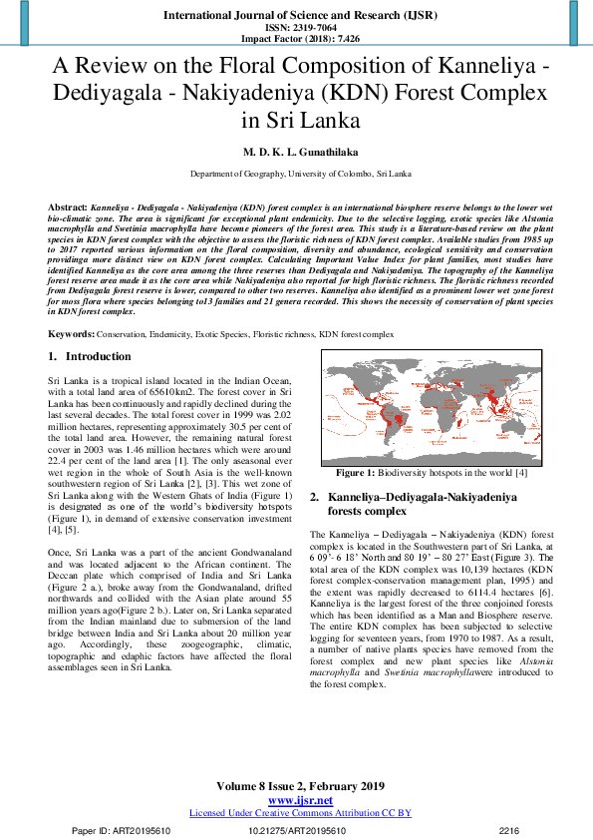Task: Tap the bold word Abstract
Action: click(x=67, y=205)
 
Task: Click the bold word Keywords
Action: click(x=71, y=334)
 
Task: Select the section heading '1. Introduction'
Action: click(x=89, y=357)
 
